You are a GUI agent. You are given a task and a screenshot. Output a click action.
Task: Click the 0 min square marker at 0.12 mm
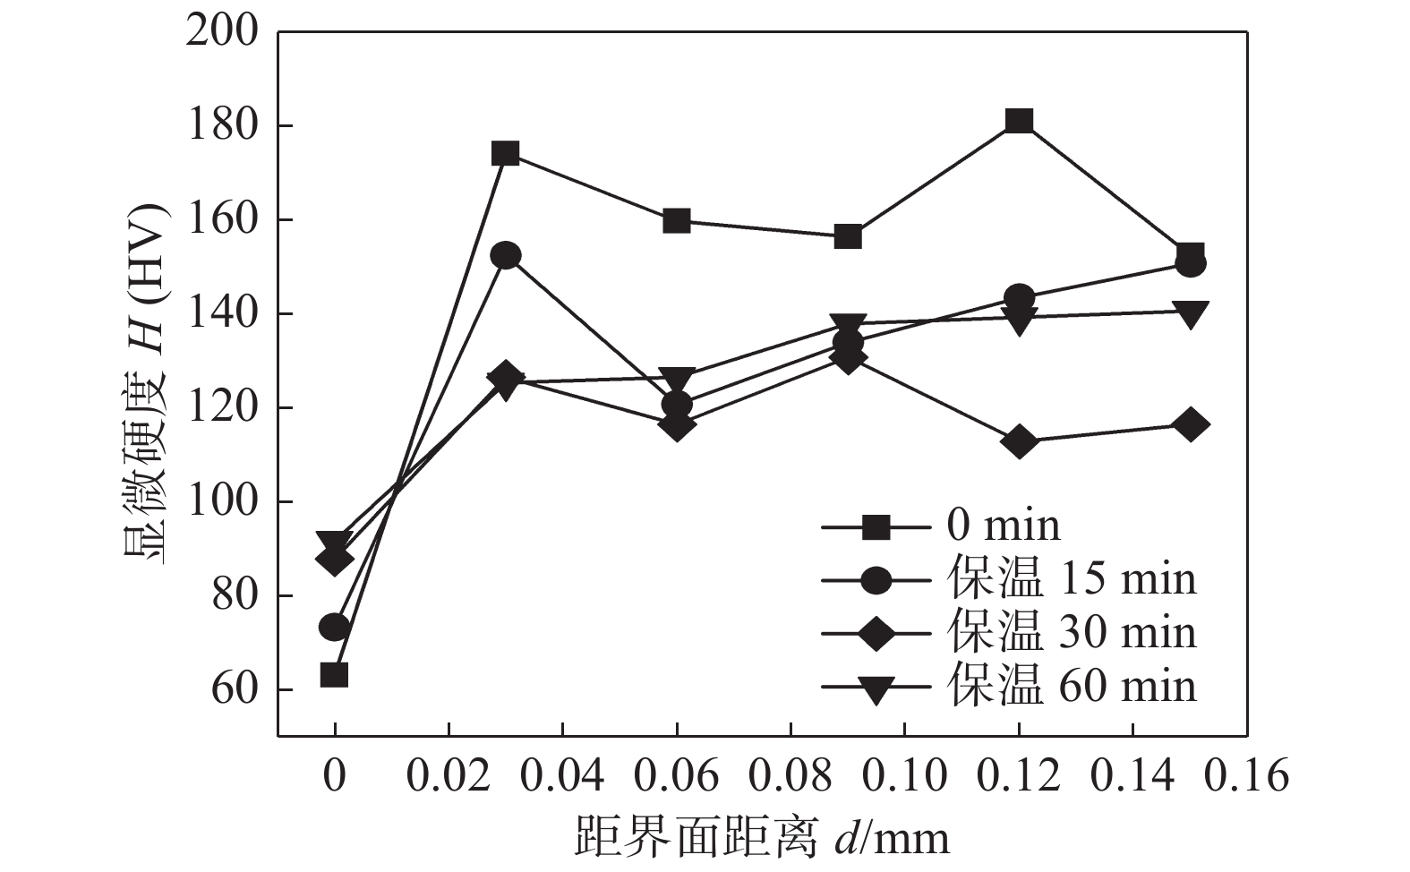tap(1019, 121)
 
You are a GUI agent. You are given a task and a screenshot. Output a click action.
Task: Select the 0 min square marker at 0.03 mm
tap(506, 154)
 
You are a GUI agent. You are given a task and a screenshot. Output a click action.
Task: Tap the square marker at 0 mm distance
tap(334, 674)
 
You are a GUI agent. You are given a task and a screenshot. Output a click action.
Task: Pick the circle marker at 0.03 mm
tap(506, 256)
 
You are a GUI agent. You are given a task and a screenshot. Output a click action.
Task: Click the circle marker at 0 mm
tap(334, 627)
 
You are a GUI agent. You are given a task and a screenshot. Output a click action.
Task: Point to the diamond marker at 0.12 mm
tap(1019, 441)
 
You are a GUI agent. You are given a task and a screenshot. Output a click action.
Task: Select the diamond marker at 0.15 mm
tap(1190, 424)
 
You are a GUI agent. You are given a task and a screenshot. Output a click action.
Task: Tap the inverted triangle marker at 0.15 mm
tap(1190, 313)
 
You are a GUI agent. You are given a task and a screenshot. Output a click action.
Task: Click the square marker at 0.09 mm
tap(848, 237)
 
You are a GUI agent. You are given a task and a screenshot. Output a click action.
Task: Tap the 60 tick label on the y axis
tap(234, 690)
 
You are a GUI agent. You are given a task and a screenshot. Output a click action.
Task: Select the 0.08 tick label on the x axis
tap(790, 775)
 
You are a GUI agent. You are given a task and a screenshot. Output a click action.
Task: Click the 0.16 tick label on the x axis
tap(1246, 775)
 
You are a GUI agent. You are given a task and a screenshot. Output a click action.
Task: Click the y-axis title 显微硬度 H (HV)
tap(145, 385)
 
